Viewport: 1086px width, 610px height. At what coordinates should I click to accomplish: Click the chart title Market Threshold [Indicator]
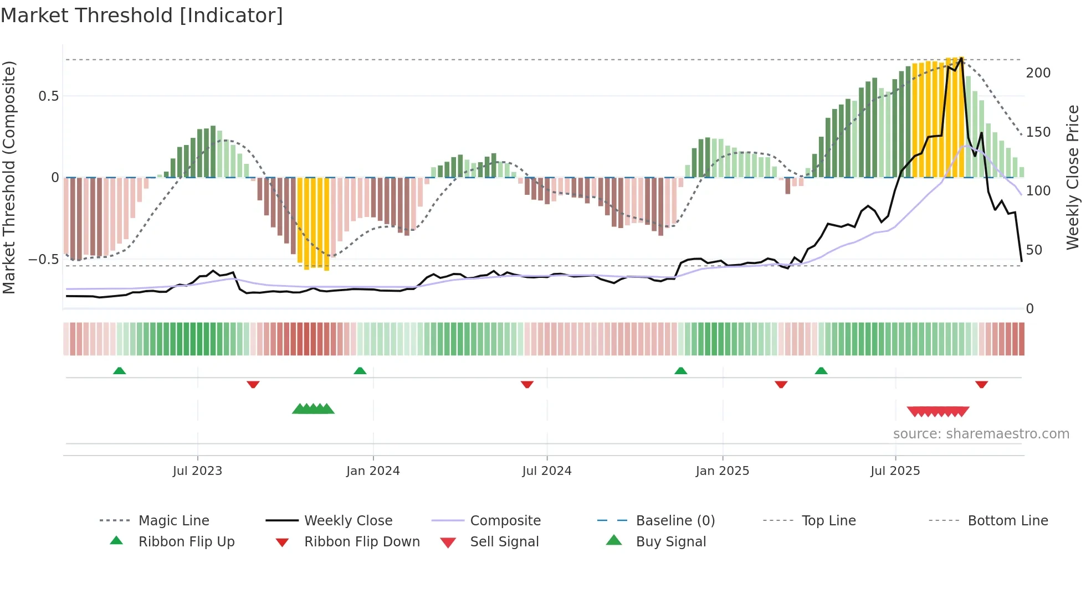point(142,15)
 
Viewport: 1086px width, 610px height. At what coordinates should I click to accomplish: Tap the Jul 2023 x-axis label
point(197,471)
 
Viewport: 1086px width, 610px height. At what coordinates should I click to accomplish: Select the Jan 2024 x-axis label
point(373,471)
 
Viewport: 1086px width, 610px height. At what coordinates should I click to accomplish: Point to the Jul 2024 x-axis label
point(547,471)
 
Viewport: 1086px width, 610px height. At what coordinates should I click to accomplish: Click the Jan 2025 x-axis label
point(723,471)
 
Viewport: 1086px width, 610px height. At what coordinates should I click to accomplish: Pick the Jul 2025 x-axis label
point(895,471)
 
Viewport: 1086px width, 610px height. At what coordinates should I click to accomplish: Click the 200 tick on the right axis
point(1038,73)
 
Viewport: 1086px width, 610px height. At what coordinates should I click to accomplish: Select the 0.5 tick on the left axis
point(48,96)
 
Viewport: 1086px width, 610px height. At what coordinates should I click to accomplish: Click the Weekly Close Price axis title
point(1073,177)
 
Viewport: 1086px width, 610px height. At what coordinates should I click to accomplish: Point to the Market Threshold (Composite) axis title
point(9,177)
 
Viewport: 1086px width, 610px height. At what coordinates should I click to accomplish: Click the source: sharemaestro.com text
point(981,434)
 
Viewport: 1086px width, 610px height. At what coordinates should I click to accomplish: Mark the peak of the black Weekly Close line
point(961,58)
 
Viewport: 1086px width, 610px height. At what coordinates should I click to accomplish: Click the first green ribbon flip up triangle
point(119,371)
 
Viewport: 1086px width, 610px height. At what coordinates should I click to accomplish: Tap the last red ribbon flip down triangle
point(981,384)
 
